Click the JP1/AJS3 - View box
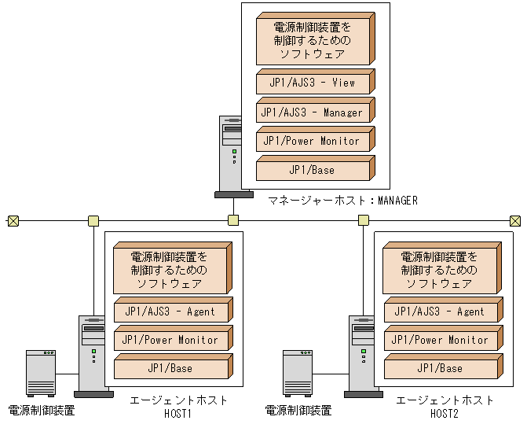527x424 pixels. coord(313,83)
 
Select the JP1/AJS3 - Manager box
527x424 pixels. coord(313,112)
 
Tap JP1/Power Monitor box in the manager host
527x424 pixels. coord(313,141)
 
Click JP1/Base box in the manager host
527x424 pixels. coord(313,170)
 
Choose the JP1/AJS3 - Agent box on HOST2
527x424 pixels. coord(439,312)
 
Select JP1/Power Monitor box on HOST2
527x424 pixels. coord(439,340)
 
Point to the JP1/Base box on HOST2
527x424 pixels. coord(439,368)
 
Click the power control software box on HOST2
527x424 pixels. coord(439,270)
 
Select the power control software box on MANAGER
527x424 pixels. coord(313,40)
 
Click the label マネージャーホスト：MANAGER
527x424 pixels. coord(342,201)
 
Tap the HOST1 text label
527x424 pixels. coord(178,413)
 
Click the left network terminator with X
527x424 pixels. coord(13,220)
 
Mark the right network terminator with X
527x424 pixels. coord(514,220)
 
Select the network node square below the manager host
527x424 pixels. coord(232,220)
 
